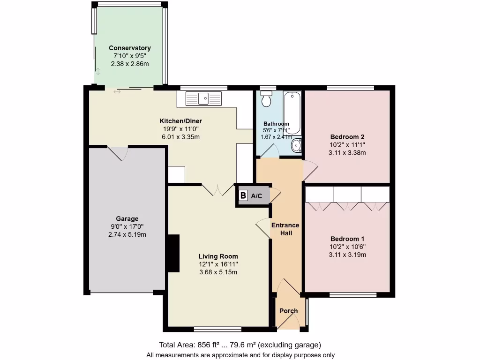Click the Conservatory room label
click(x=130, y=48)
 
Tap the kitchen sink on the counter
click(x=203, y=98)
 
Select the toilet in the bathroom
click(x=266, y=99)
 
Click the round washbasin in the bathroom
click(x=296, y=146)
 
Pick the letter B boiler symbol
click(x=243, y=196)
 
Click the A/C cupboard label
click(x=256, y=196)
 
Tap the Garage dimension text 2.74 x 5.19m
click(x=127, y=234)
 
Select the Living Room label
click(x=218, y=256)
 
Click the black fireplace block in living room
click(x=173, y=253)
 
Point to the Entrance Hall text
click(x=285, y=229)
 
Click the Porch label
click(x=288, y=311)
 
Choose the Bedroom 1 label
click(x=347, y=238)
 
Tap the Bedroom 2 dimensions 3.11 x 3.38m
click(x=347, y=152)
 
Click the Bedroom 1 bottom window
click(x=353, y=295)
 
